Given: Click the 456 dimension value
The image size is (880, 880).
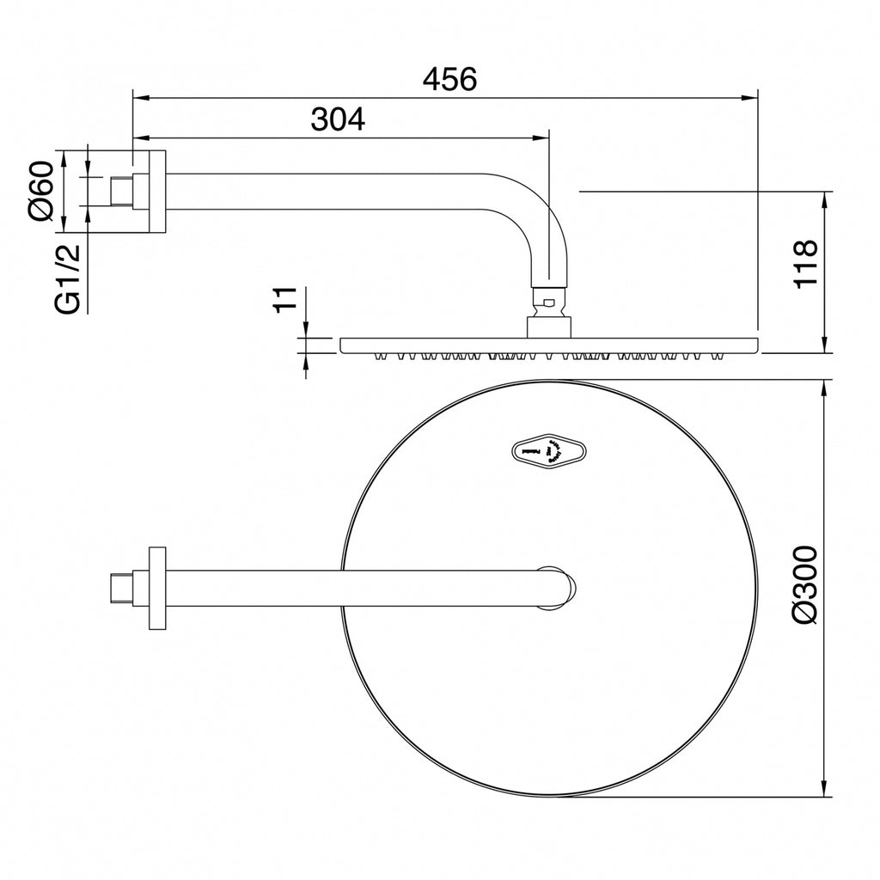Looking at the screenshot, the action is pyautogui.click(x=449, y=79).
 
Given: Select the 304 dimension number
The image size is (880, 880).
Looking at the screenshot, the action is pyautogui.click(x=338, y=119).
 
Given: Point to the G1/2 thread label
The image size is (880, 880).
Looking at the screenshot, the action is pyautogui.click(x=67, y=279).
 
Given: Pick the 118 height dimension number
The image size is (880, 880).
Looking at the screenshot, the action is pyautogui.click(x=806, y=264).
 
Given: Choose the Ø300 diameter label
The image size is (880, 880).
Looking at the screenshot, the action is pyautogui.click(x=806, y=584).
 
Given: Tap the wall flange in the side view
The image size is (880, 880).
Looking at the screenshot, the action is pyautogui.click(x=157, y=191).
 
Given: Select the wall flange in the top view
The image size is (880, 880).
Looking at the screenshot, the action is pyautogui.click(x=157, y=588).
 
